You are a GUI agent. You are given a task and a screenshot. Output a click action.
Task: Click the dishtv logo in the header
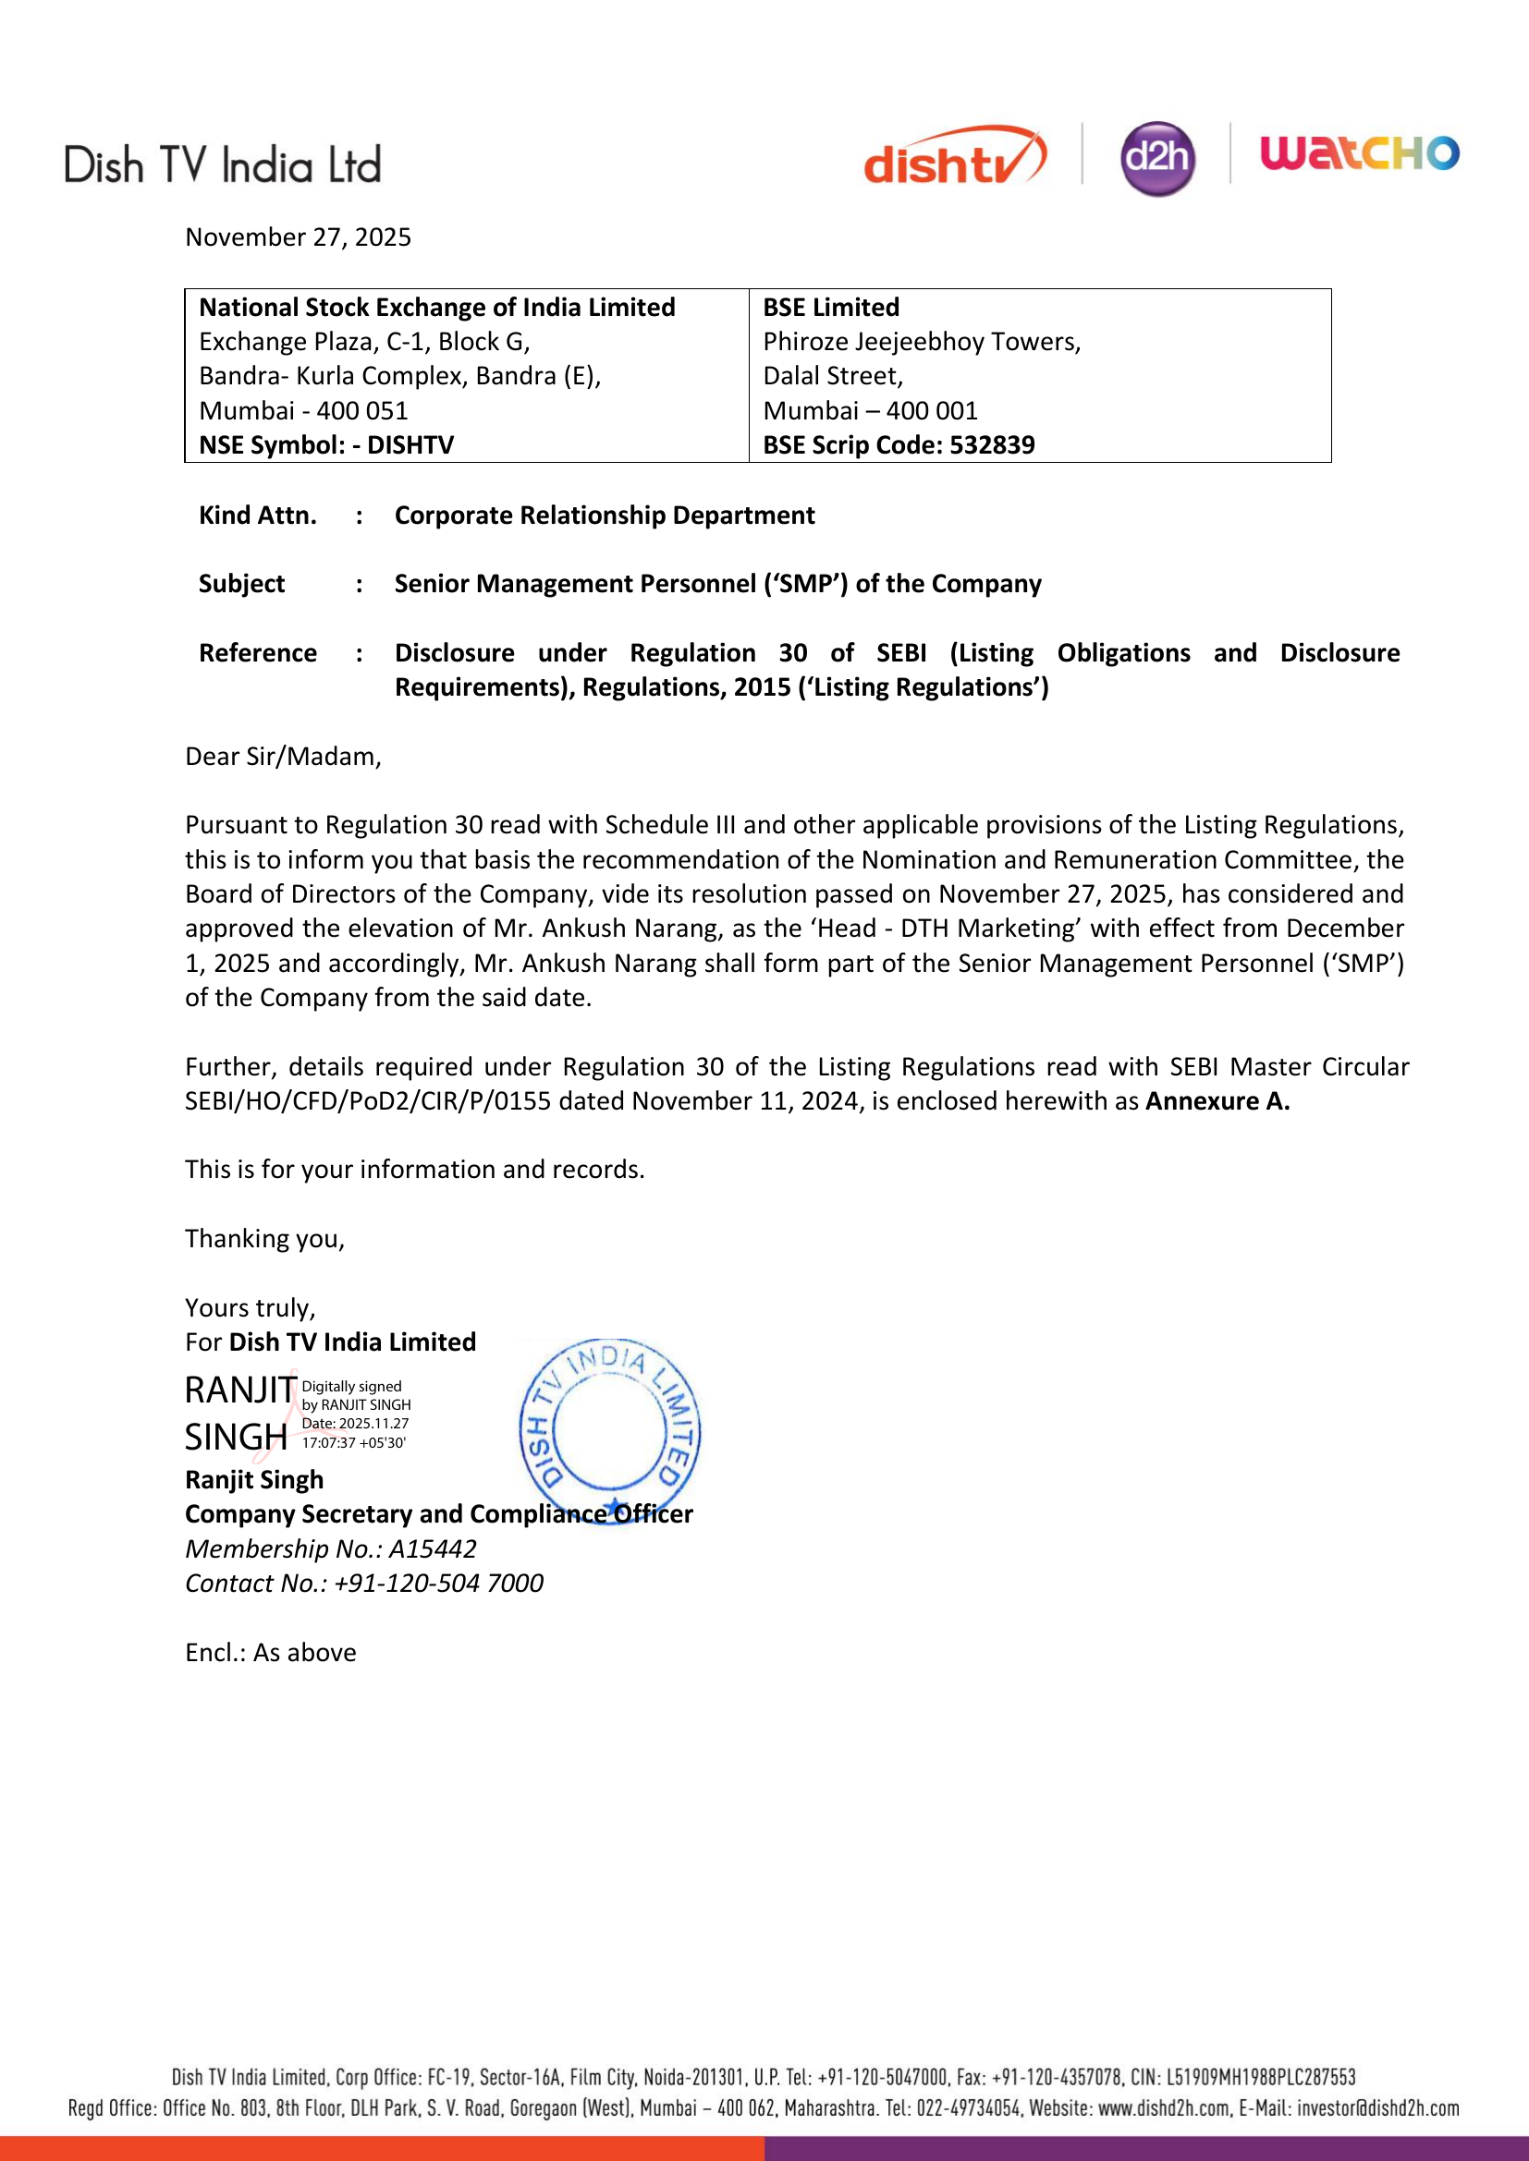click(x=954, y=156)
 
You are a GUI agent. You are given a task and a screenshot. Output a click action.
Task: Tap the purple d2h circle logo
click(x=1157, y=158)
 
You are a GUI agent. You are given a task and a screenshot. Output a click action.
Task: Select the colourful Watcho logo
click(x=1360, y=152)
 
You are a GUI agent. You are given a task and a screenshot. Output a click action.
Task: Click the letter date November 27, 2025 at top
click(x=298, y=237)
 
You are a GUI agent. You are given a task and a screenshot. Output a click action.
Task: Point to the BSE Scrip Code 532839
click(x=899, y=445)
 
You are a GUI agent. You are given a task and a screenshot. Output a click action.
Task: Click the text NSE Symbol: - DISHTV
click(x=325, y=445)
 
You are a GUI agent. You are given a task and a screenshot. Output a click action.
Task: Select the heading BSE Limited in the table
click(x=830, y=308)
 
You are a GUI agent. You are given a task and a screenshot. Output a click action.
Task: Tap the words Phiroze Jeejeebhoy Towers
click(x=921, y=342)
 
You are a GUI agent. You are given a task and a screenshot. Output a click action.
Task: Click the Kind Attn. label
click(x=257, y=516)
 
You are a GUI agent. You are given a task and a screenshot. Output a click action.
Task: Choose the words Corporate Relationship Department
click(x=604, y=516)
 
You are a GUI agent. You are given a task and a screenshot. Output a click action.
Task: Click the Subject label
click(x=241, y=585)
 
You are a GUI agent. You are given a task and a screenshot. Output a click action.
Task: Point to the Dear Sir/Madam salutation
click(x=283, y=757)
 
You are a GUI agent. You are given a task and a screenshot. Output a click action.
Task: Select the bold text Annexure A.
click(x=1217, y=1101)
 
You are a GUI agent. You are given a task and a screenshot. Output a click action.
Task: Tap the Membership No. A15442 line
click(x=330, y=1549)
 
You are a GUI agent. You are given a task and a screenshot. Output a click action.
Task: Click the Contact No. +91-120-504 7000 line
click(x=363, y=1584)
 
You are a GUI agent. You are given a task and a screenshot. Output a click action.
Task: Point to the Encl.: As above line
click(x=270, y=1653)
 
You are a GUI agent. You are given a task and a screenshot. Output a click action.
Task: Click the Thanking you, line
click(x=264, y=1239)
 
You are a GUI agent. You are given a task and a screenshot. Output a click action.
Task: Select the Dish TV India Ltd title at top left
click(x=222, y=165)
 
